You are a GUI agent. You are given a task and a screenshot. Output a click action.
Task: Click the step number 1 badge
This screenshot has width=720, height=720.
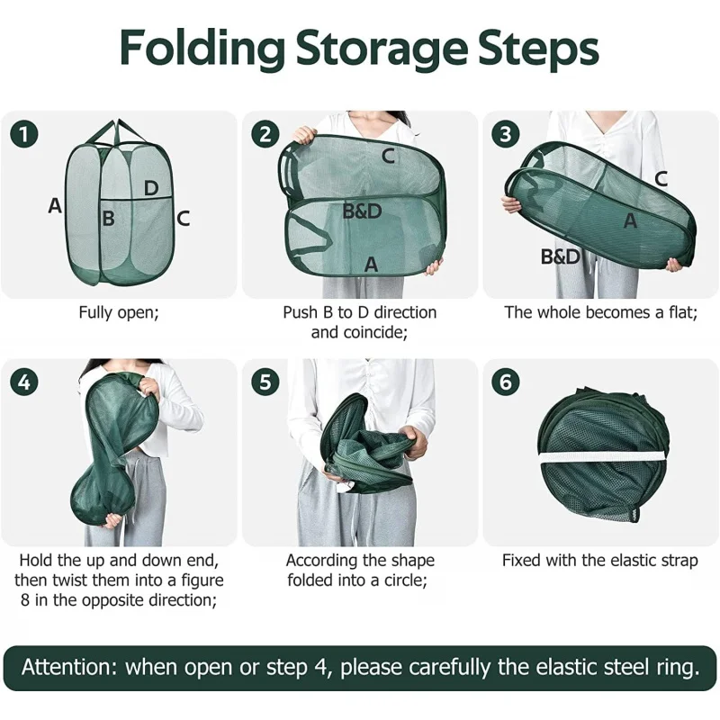[x=24, y=134]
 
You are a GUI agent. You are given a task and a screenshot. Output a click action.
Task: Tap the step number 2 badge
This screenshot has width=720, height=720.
[x=265, y=134]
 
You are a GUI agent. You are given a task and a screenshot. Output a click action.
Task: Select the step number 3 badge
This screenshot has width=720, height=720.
[x=506, y=134]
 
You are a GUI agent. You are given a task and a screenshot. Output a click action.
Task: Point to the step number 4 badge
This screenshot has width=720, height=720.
[x=24, y=382]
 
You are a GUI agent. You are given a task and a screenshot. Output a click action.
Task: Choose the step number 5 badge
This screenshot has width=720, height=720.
[x=265, y=382]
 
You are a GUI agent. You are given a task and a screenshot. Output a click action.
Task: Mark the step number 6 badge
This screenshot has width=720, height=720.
[x=506, y=382]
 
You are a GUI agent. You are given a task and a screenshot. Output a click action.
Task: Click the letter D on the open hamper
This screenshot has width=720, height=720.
[x=151, y=188]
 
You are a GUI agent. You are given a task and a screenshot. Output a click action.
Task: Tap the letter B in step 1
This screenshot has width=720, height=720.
[x=108, y=218]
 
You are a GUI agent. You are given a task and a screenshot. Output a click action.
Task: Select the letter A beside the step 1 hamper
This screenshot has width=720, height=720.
[x=55, y=205]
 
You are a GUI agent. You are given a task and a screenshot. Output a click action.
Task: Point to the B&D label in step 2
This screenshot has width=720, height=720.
[x=362, y=211]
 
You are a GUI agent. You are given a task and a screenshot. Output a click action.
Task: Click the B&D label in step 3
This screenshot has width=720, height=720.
[x=561, y=256]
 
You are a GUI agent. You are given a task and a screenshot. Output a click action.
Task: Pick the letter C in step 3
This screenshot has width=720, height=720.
[x=661, y=178]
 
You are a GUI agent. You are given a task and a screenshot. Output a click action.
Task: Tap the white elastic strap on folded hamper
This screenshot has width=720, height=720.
[x=601, y=456]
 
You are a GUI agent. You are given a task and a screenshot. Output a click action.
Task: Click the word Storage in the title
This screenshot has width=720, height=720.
[x=382, y=49]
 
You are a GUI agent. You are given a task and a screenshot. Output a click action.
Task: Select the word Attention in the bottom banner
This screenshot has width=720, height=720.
[x=69, y=667]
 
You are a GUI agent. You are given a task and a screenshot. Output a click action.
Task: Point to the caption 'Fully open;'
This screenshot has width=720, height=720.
[x=119, y=312]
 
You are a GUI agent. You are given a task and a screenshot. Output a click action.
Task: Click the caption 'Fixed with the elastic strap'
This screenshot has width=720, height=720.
[x=599, y=561]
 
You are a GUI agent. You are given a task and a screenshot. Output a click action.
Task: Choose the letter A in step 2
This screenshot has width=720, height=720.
[x=371, y=265]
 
